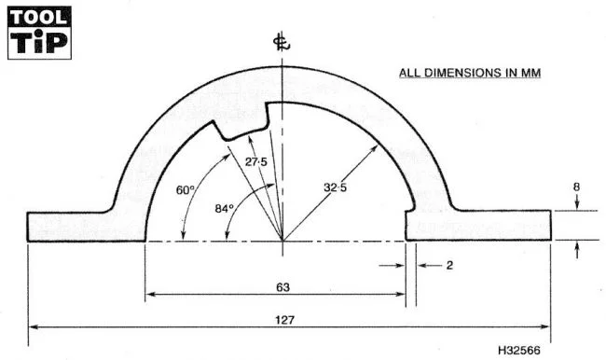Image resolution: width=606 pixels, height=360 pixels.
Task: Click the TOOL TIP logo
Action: click(x=39, y=33)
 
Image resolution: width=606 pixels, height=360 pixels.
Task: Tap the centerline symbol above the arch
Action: click(x=282, y=43)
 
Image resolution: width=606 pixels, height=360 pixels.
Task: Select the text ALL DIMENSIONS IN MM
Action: click(x=470, y=73)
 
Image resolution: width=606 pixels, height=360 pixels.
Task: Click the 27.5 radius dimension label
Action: click(x=255, y=162)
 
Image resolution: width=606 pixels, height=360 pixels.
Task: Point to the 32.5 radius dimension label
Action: click(x=335, y=187)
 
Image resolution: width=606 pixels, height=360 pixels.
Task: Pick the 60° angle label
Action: click(x=186, y=190)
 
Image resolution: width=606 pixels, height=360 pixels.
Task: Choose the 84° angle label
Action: click(x=224, y=208)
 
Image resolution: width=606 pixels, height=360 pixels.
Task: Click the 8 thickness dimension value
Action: click(x=576, y=187)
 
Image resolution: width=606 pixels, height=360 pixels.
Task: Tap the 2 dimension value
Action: click(x=449, y=265)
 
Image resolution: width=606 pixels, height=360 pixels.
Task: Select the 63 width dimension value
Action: click(x=282, y=287)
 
